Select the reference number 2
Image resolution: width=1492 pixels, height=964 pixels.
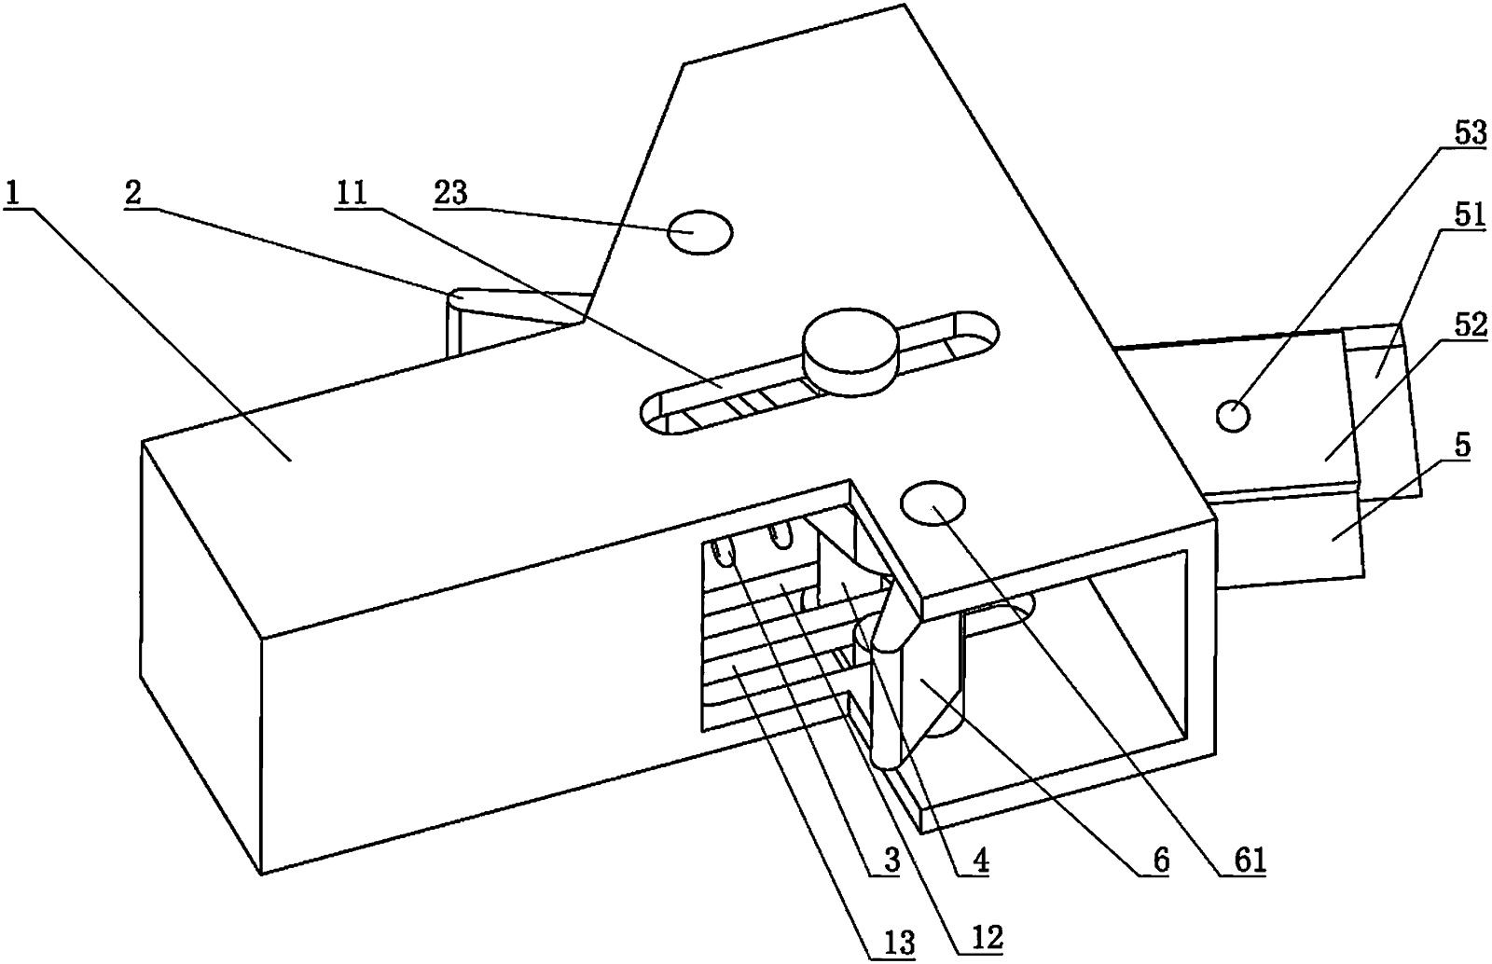coord(133,194)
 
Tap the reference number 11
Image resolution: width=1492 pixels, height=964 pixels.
coord(351,194)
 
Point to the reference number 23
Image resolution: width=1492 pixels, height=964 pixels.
coord(451,194)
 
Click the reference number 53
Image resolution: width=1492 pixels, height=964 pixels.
coord(1470,134)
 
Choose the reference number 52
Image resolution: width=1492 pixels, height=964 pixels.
coord(1470,325)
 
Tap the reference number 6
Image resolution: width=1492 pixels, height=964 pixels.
coord(1160,861)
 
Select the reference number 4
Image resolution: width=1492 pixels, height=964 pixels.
coord(979,861)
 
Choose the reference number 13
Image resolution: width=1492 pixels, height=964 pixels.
coord(899,943)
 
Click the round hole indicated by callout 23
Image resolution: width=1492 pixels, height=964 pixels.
coord(700,232)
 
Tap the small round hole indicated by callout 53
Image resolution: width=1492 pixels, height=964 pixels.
coord(1233,416)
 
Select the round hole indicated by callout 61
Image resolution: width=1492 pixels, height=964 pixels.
coord(932,503)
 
